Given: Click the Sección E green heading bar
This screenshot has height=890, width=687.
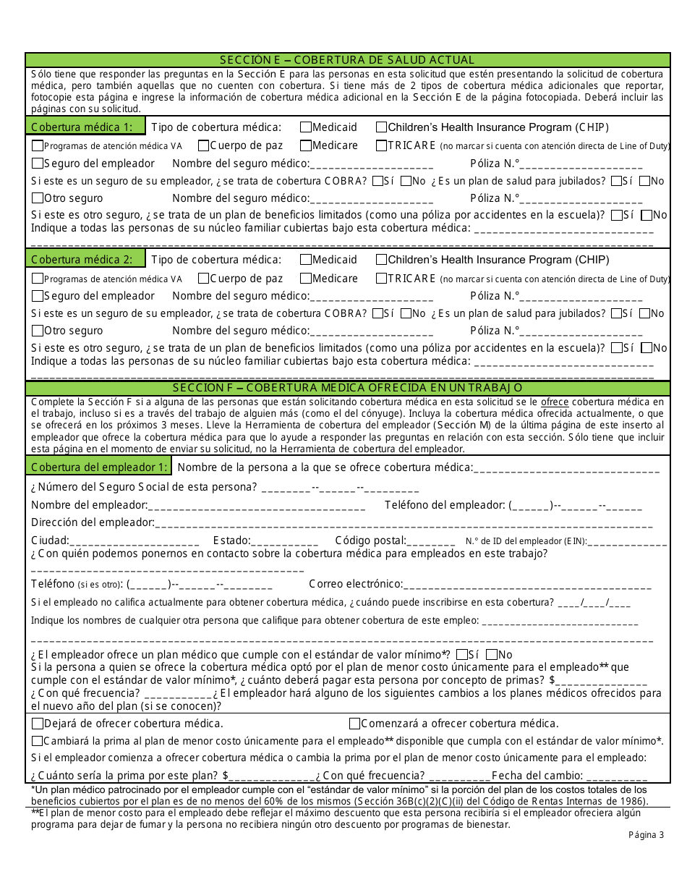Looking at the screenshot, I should pyautogui.click(x=347, y=60).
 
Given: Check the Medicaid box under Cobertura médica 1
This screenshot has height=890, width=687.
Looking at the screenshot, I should pyautogui.click(x=306, y=127).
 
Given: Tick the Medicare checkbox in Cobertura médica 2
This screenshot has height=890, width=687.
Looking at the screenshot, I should pyautogui.click(x=306, y=278).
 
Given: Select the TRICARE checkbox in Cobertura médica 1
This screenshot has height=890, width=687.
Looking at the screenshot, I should pyautogui.click(x=381, y=145).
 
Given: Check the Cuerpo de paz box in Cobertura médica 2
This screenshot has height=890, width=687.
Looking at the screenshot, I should pyautogui.click(x=204, y=278).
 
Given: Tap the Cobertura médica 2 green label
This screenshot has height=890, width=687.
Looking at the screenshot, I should pyautogui.click(x=85, y=258).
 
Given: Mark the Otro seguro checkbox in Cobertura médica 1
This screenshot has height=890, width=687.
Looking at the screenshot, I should pyautogui.click(x=38, y=198).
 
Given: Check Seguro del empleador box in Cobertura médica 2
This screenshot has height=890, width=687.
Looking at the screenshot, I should pyautogui.click(x=38, y=296).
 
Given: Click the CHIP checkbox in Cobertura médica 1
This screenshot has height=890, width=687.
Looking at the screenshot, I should pyautogui.click(x=381, y=127).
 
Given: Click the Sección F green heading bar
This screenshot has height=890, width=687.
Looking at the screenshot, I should pyautogui.click(x=347, y=388).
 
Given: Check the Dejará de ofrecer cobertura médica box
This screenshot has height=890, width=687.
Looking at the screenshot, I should pyautogui.click(x=38, y=724).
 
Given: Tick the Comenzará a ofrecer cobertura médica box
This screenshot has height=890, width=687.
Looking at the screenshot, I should pyautogui.click(x=354, y=724).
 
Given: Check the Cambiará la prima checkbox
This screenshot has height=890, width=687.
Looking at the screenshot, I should pyautogui.click(x=38, y=741).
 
